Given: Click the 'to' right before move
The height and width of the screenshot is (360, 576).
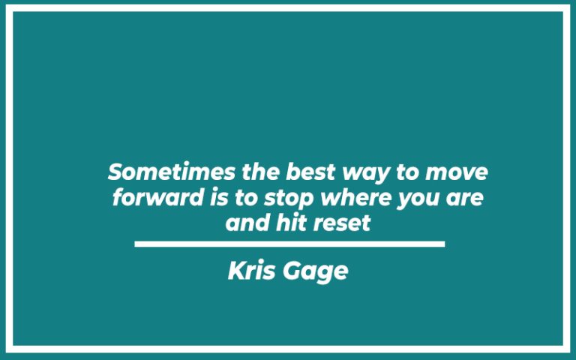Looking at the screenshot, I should click(409, 172).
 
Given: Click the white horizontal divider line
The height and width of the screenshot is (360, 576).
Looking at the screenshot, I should click(289, 244).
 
